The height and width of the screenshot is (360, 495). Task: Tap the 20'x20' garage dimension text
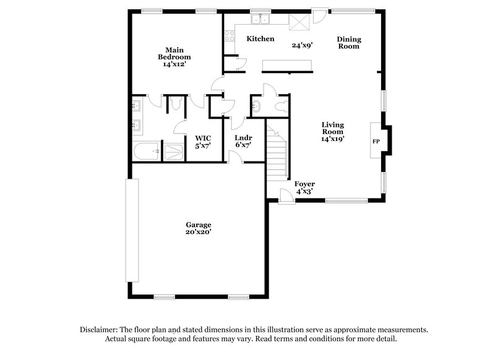click(199, 232)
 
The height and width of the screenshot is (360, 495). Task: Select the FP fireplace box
click(376, 141)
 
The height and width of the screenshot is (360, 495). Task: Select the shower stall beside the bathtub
click(174, 152)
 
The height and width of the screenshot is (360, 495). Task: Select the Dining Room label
click(348, 43)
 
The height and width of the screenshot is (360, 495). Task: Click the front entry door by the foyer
click(286, 196)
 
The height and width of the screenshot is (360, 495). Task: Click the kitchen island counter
click(287, 65)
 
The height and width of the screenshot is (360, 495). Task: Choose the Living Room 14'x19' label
click(332, 132)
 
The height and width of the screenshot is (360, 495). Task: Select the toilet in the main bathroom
click(175, 106)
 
